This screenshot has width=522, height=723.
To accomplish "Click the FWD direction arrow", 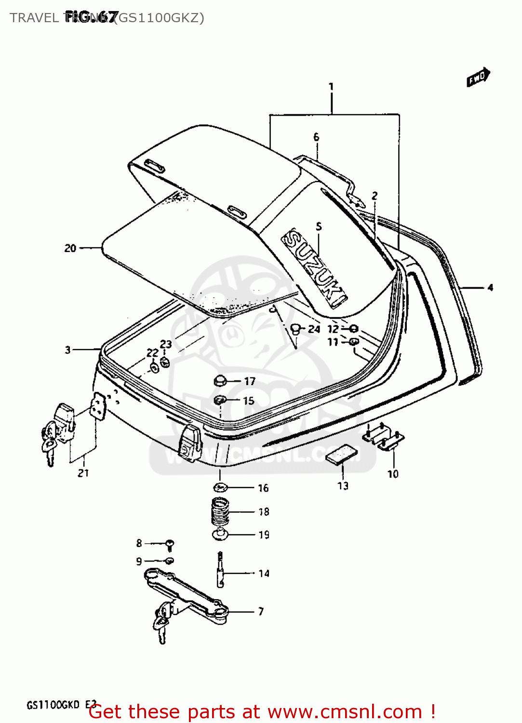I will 478,78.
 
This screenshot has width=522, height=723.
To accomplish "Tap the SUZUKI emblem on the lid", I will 314,268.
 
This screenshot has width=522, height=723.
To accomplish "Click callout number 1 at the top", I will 331,87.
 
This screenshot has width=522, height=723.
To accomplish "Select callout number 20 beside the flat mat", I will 70,248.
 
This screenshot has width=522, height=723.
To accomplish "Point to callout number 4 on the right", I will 490,288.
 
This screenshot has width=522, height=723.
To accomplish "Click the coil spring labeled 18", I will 220,511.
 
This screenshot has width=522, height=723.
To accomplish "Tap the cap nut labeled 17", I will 220,381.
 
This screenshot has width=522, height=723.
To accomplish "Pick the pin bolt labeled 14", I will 220,571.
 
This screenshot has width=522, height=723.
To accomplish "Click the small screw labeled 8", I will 170,545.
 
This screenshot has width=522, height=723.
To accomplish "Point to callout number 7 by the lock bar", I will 261,612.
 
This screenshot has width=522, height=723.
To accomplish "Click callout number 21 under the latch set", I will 83,473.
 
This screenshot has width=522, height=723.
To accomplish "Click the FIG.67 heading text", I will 91,17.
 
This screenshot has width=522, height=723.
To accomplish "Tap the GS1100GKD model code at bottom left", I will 53,705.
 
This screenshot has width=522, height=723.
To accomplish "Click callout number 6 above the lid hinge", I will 316,137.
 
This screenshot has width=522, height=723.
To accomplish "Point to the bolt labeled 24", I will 295,330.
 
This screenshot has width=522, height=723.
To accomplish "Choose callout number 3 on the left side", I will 68,350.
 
